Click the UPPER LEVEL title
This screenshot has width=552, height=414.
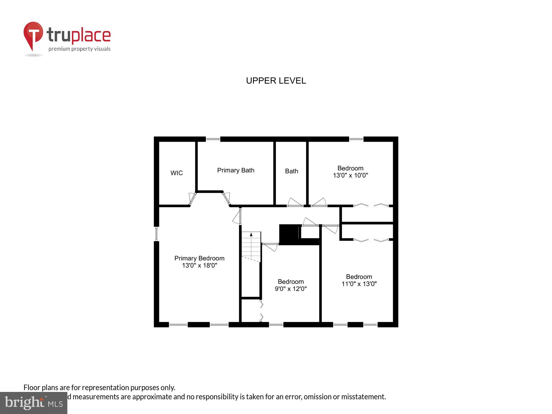coord(276,81)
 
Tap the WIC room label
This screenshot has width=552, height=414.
coord(176,173)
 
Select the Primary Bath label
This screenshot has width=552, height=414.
coord(235,170)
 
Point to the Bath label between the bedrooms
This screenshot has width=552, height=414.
coord(291,171)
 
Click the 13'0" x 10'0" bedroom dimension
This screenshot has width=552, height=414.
coord(350,176)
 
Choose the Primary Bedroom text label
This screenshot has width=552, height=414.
coord(199,258)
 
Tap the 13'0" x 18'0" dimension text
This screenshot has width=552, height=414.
coord(199,266)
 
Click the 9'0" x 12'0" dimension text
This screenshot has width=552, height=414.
coord(291,289)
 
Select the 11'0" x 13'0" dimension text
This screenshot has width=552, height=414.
coord(359,284)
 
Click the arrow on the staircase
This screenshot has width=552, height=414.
coord(251,235)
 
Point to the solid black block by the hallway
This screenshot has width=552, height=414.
coord(289,234)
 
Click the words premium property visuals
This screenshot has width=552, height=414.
coord(79,49)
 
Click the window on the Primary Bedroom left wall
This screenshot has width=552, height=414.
coord(156,234)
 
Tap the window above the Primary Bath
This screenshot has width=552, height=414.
coord(213,139)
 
